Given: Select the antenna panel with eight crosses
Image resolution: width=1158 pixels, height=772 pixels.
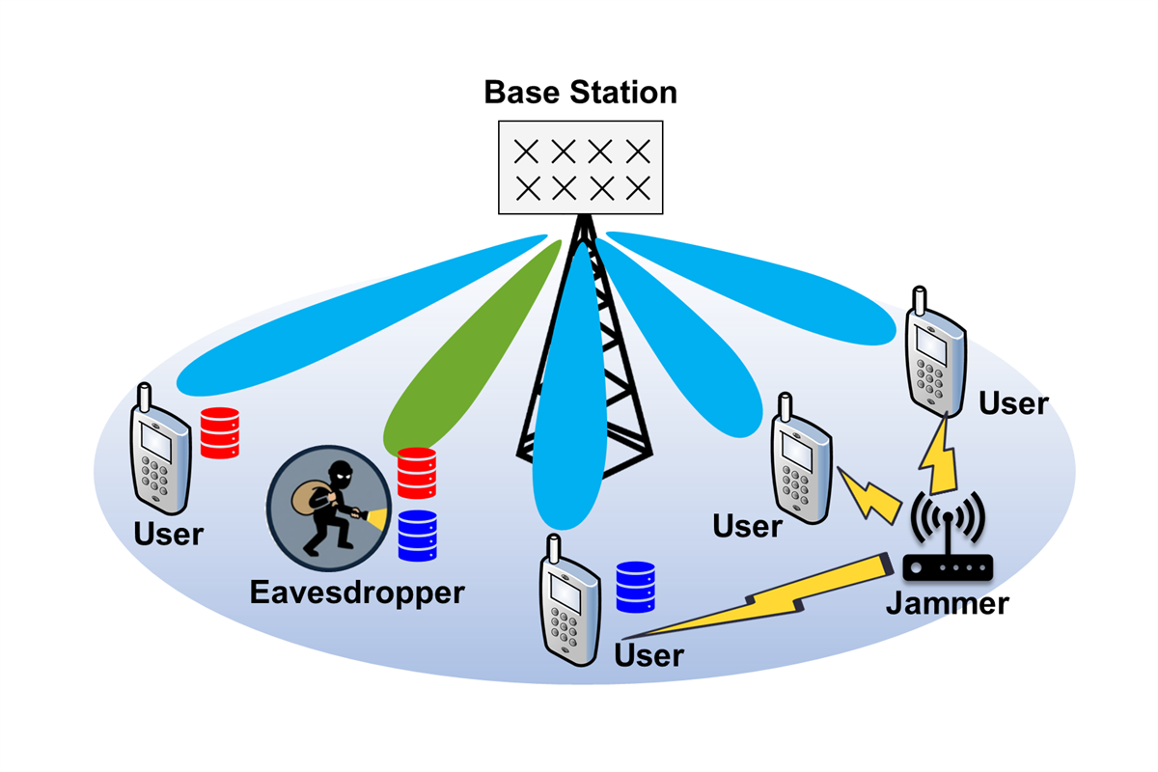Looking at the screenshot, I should coord(580,167).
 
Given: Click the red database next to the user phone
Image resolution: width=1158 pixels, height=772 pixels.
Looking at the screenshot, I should coord(219,432).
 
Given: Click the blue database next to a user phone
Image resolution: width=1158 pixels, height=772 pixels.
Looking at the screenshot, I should coord(636,586).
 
